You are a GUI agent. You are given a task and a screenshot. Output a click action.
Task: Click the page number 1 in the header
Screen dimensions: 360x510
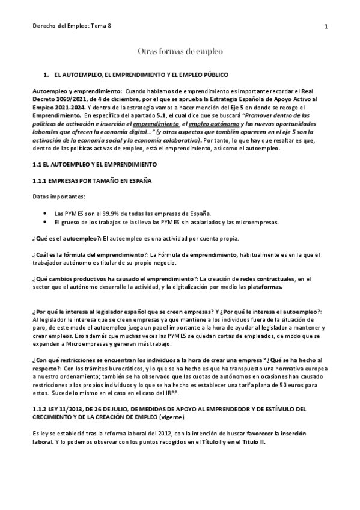coord(325,26)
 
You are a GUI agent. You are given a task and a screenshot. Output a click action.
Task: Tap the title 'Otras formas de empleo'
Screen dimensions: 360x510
coord(180,52)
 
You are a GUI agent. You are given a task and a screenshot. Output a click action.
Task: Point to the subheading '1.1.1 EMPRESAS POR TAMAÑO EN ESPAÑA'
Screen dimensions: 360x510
coord(91,181)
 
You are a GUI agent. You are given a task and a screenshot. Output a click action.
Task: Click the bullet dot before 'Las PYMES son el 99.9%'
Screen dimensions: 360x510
coord(47,213)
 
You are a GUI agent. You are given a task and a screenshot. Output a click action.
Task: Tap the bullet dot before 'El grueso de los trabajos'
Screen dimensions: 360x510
coord(47,221)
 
